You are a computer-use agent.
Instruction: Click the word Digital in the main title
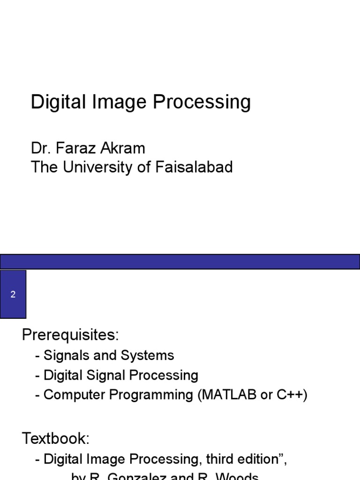(x=55, y=103)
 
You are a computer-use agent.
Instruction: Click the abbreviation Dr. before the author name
(x=40, y=148)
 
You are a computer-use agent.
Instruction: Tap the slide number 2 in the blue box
(x=13, y=294)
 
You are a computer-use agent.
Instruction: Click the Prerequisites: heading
(x=71, y=335)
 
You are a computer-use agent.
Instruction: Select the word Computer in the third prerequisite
(x=75, y=395)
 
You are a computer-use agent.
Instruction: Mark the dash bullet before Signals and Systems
(x=37, y=356)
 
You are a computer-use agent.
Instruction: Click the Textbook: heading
(x=56, y=439)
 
